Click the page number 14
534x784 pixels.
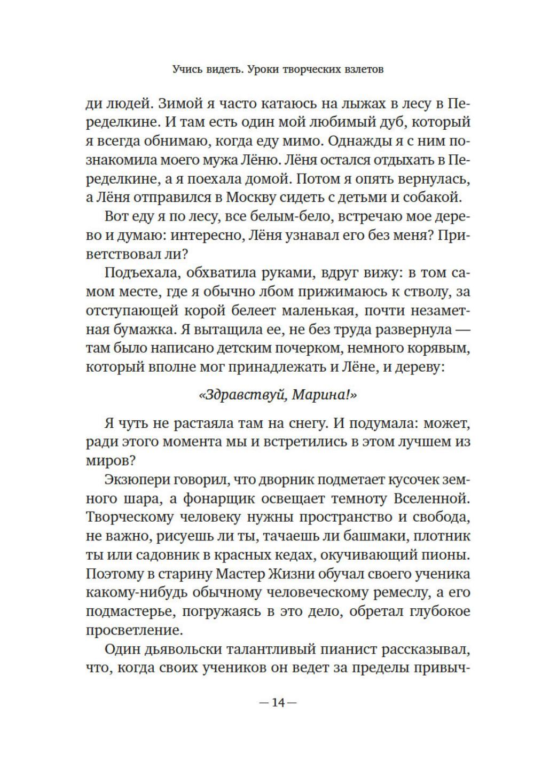click(277, 702)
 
